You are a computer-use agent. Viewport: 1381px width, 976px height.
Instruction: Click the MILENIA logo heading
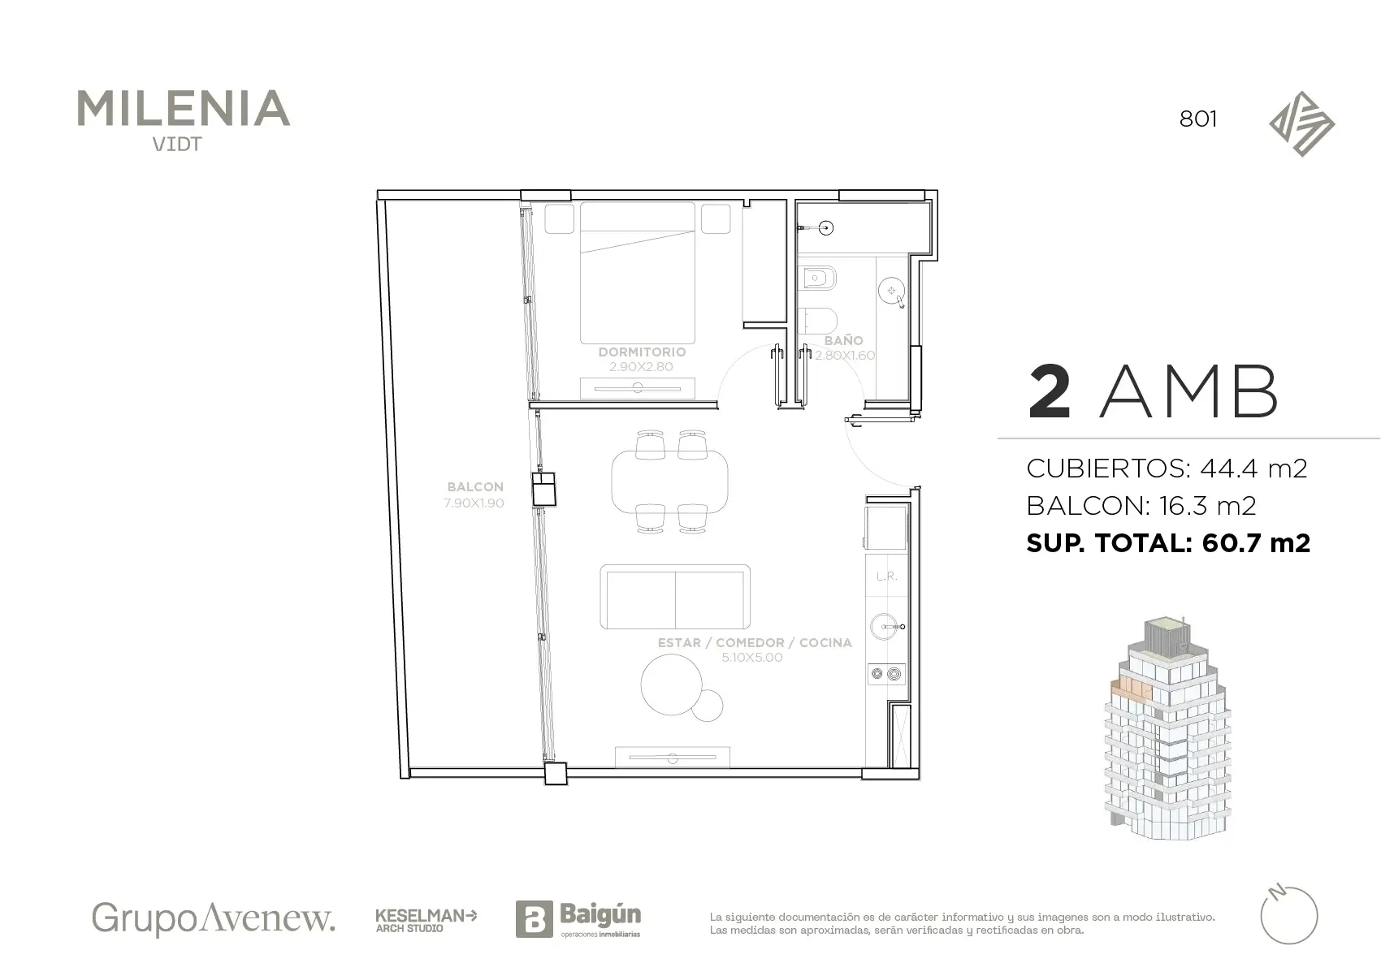[x=183, y=109]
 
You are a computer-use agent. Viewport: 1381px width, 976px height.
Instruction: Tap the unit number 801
[x=1198, y=119]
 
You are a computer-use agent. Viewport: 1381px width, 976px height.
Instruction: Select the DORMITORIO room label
[x=642, y=352]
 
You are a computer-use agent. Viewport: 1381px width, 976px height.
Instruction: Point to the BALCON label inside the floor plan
[x=475, y=486]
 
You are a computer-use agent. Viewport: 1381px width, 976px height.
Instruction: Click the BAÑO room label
[x=843, y=340]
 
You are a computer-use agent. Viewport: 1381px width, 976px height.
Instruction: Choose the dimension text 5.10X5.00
[x=752, y=658]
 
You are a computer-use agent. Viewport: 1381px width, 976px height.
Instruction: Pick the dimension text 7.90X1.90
[x=474, y=503]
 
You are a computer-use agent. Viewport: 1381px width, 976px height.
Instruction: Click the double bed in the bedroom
[x=638, y=273]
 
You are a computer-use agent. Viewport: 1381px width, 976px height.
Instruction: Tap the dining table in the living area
[x=669, y=482]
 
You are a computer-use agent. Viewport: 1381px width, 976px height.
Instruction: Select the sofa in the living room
[x=675, y=597]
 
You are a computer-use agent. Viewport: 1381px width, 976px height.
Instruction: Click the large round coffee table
[x=671, y=684]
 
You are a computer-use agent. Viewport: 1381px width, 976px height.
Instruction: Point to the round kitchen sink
[x=885, y=627]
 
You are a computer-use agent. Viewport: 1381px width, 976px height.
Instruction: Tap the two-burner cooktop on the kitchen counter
[x=886, y=675]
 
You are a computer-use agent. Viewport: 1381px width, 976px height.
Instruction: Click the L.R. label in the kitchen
[x=886, y=577]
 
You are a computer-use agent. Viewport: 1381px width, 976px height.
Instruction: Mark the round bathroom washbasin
[x=891, y=291]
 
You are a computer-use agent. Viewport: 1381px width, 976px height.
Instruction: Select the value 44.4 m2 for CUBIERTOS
[x=1253, y=469]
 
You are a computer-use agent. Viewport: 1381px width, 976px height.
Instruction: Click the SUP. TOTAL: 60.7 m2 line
[x=1167, y=543]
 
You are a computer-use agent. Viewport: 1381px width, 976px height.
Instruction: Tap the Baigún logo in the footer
[x=578, y=918]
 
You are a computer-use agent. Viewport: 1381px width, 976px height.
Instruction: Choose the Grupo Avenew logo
[x=214, y=918]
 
